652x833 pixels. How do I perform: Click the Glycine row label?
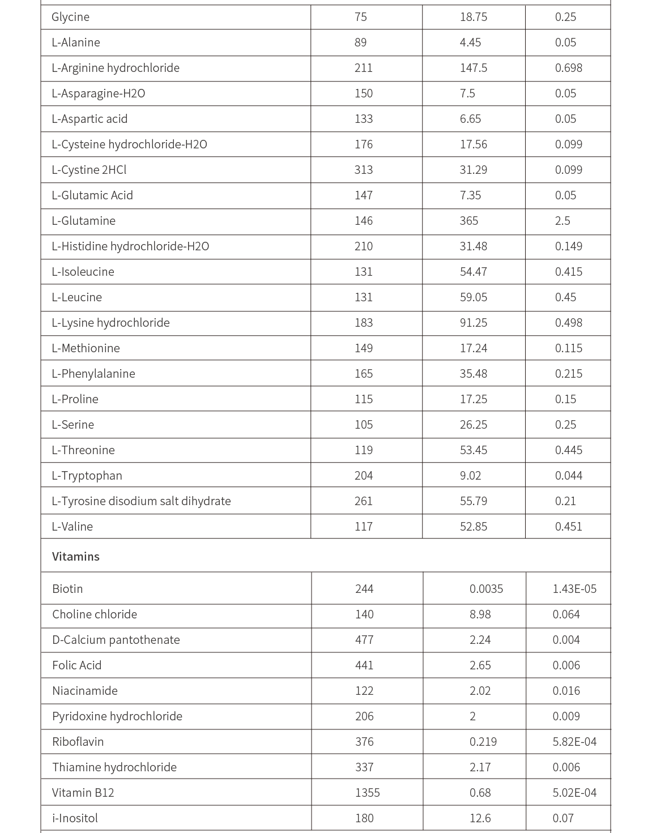pyautogui.click(x=70, y=17)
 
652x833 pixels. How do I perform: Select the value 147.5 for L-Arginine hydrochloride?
pyautogui.click(x=473, y=68)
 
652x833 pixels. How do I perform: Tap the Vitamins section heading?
pyautogui.click(x=75, y=557)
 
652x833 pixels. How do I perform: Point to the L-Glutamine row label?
pyautogui.click(x=83, y=221)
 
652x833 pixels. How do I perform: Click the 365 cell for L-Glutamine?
pyautogui.click(x=468, y=221)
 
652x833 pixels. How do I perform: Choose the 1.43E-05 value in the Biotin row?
pyautogui.click(x=574, y=589)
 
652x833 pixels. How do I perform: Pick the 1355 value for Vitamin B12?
pyautogui.click(x=367, y=793)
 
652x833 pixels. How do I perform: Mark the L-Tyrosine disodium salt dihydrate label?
pyautogui.click(x=141, y=501)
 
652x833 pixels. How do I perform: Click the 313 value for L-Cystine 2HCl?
pyautogui.click(x=363, y=170)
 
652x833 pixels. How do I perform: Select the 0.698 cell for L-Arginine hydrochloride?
pyautogui.click(x=568, y=68)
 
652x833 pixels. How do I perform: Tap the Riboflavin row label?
pyautogui.click(x=78, y=742)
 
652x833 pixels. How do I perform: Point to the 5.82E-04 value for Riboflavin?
pyautogui.click(x=574, y=742)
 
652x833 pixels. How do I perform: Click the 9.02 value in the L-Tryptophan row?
pyautogui.click(x=470, y=476)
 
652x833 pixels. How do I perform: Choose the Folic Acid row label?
pyautogui.click(x=76, y=665)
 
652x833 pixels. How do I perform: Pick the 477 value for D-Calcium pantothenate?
pyautogui.click(x=364, y=640)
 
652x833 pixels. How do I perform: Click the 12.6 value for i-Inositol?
pyautogui.click(x=480, y=818)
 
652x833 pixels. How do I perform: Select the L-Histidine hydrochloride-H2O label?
pyautogui.click(x=130, y=246)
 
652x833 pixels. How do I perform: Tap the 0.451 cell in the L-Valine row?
pyautogui.click(x=568, y=527)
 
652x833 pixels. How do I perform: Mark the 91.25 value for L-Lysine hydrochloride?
pyautogui.click(x=473, y=323)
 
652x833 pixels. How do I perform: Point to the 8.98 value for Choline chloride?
pyautogui.click(x=480, y=614)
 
